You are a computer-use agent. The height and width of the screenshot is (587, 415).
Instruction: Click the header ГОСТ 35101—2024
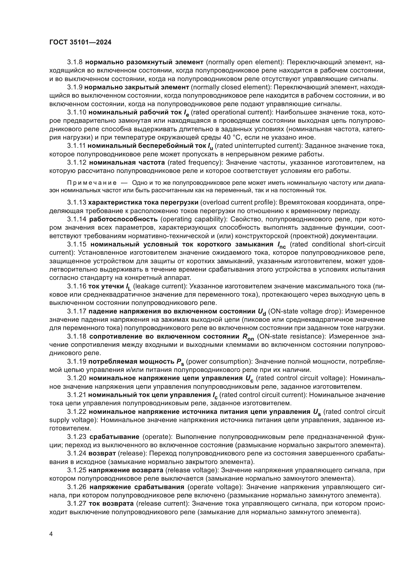(80, 42)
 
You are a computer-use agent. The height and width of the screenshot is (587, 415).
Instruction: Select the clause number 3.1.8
(75, 62)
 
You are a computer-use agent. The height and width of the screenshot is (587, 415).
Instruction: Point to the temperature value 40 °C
(232, 138)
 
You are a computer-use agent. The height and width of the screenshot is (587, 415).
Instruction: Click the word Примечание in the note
(92, 183)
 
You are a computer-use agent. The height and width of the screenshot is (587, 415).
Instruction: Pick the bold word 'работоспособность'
(123, 219)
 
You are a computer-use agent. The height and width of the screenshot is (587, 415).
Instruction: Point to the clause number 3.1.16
(77, 286)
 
